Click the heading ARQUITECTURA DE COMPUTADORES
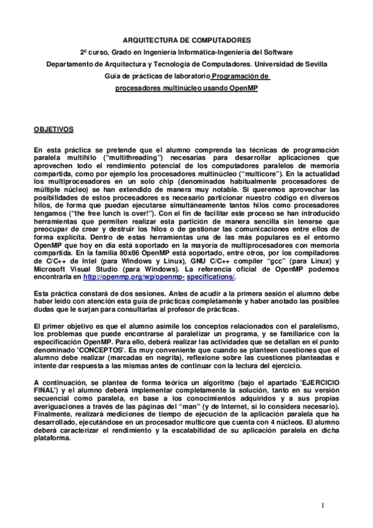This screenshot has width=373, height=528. tap(186, 39)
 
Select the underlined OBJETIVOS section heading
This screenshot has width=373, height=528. tap(53, 130)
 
